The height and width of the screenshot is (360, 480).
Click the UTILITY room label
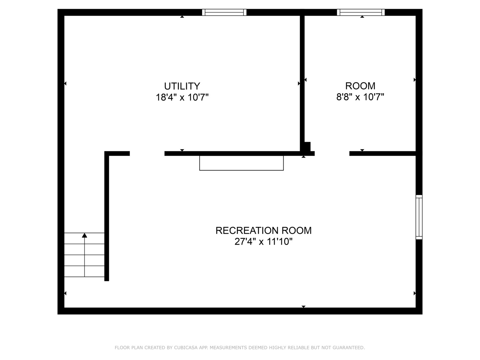182,86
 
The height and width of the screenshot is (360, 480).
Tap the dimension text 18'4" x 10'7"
182,97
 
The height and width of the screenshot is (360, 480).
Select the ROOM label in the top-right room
360,86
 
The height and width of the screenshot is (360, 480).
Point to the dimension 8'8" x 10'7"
360,97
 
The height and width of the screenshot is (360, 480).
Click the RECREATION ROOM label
263,230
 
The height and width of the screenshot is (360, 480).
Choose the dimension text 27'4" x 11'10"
263,242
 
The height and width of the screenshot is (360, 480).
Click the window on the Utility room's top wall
224,12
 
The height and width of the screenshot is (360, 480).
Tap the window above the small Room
361,12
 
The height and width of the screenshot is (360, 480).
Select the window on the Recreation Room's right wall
419,217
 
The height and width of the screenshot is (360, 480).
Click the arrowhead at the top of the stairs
85,235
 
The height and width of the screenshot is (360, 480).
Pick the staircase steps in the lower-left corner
84,255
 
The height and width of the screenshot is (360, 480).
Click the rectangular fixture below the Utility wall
241,163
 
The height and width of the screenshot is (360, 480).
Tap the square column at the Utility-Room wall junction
307,146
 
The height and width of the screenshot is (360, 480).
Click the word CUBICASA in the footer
186,348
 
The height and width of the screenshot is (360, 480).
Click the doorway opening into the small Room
332,154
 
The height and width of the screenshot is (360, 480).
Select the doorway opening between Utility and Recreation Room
147,154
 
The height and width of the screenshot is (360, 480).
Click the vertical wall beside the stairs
107,217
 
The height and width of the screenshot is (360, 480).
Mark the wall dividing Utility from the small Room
302,80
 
